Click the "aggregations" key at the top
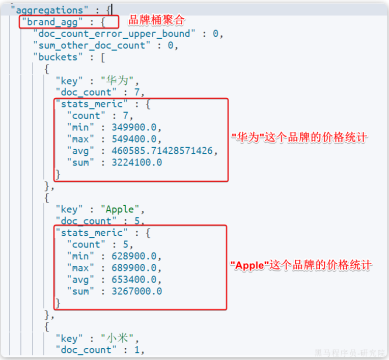tap(49, 10)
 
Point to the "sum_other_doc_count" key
tap(92, 45)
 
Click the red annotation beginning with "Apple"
tap(301, 265)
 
